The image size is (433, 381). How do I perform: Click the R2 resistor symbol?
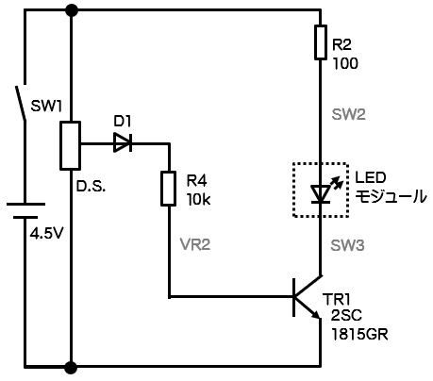coord(321,42)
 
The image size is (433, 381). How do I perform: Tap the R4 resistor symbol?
coord(168,189)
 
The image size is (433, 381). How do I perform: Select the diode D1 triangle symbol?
coord(123,142)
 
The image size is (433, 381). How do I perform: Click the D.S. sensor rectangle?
coord(71,145)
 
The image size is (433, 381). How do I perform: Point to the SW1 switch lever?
coord(21,103)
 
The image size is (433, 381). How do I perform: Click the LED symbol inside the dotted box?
coord(321,194)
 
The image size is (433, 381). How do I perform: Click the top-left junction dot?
coord(72,10)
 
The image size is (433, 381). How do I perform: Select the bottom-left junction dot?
coord(72,367)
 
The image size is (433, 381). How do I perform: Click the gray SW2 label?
coord(349,114)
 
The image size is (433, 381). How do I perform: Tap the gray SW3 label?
coord(347,245)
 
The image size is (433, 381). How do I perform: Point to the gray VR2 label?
coord(195,244)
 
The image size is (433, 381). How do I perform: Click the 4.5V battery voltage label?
coord(47,233)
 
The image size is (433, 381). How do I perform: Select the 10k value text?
coord(198,200)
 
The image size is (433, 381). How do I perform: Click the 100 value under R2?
coord(345,63)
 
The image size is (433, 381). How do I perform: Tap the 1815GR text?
coord(359,335)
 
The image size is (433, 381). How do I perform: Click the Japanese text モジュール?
coord(391,196)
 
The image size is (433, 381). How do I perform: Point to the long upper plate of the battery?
coord(25,205)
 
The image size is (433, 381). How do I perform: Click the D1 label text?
coord(123,122)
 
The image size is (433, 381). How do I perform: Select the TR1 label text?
coord(336,300)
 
